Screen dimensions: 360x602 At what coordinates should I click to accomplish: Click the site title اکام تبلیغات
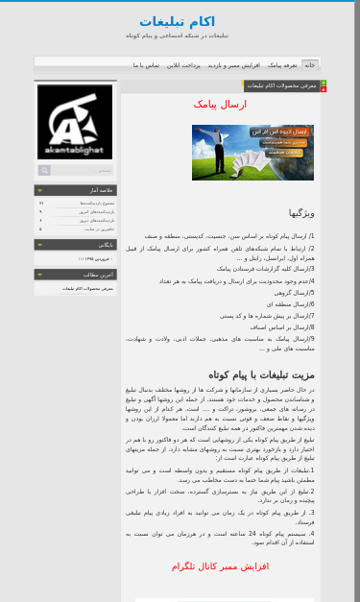(x=177, y=21)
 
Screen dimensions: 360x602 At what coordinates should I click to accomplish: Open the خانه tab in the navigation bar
(x=309, y=64)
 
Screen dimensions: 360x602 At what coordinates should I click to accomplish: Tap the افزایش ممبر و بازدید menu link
(x=233, y=64)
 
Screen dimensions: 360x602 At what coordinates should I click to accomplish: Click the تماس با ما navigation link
(x=146, y=64)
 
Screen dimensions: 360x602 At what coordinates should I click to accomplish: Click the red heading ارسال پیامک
(x=220, y=104)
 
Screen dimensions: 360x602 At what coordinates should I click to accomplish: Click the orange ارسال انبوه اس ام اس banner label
(x=278, y=131)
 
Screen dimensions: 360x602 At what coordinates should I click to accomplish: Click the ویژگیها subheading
(x=301, y=213)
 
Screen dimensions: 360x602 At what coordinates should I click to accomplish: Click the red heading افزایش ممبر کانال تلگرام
(x=220, y=566)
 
